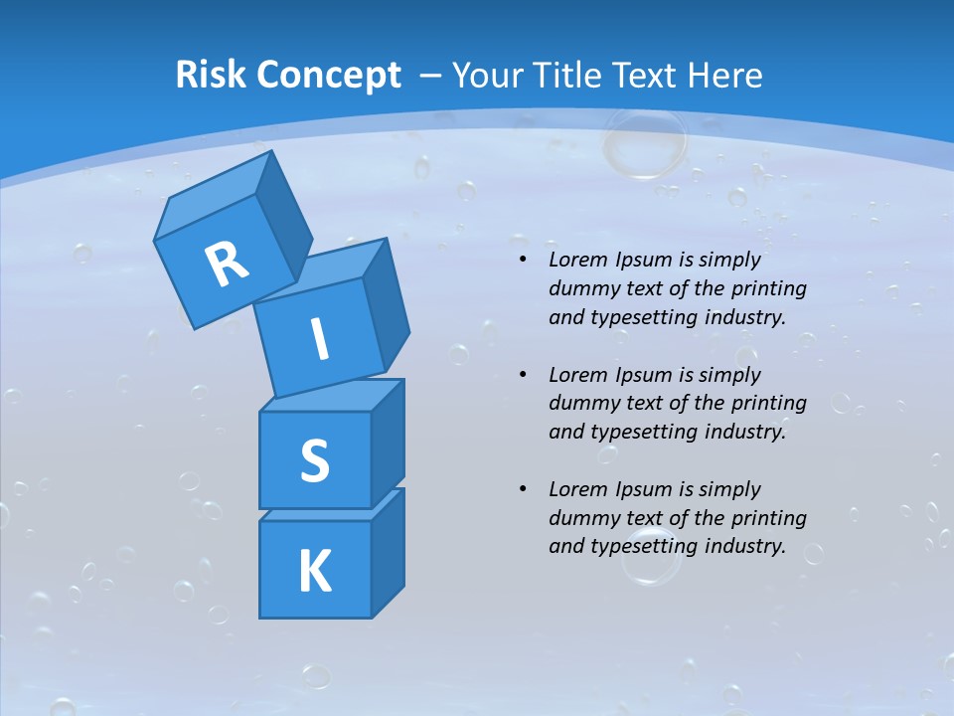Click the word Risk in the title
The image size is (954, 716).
click(x=211, y=76)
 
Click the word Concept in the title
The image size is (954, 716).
click(x=328, y=77)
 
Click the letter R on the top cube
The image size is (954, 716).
click(x=228, y=264)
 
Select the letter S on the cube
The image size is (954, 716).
click(x=314, y=460)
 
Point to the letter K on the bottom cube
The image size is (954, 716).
click(x=314, y=572)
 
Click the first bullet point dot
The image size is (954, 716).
click(x=522, y=261)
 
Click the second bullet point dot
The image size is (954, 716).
click(x=522, y=376)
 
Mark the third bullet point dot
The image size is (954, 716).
click(x=522, y=490)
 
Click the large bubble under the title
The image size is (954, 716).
click(x=644, y=145)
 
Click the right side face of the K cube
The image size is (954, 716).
click(x=388, y=554)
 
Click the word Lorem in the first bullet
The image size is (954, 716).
click(x=577, y=261)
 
